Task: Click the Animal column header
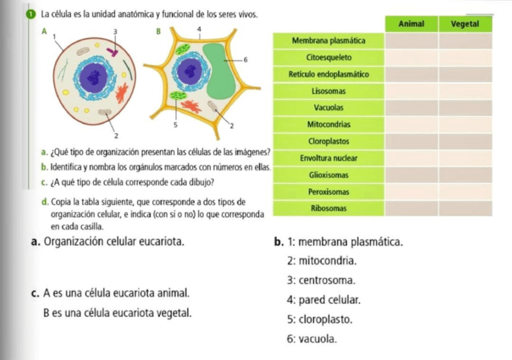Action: click(x=412, y=24)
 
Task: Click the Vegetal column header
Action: click(x=465, y=24)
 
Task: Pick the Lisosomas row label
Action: click(x=328, y=91)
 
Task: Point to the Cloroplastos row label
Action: click(x=328, y=141)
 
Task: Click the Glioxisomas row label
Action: click(x=328, y=175)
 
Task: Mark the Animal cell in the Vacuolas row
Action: click(x=412, y=108)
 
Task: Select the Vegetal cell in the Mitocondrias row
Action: click(x=465, y=124)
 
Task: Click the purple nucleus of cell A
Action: click(x=94, y=77)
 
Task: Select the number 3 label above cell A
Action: click(x=115, y=30)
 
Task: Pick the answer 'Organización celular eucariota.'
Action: click(x=114, y=243)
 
